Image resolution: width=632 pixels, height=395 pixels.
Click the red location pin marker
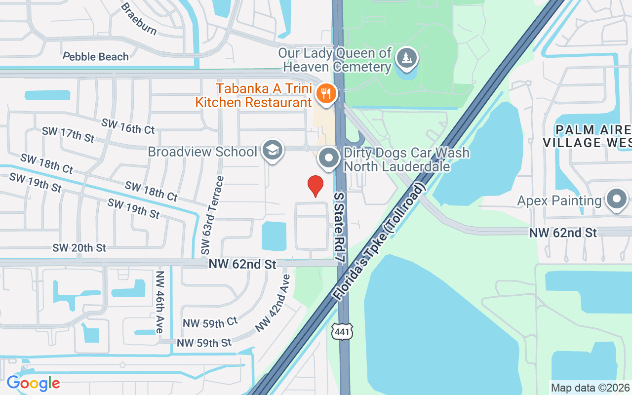316,186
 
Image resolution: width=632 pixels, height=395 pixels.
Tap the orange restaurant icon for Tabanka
326,92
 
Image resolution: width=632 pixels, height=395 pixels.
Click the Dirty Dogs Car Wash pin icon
329,158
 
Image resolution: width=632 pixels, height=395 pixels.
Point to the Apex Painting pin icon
616,199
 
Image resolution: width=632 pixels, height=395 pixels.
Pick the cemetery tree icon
406,58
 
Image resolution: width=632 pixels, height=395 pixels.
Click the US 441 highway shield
343,331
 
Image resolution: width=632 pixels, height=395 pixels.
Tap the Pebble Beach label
96,56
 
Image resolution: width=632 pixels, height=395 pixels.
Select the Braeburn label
139,19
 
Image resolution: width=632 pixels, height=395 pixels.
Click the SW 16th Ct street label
128,126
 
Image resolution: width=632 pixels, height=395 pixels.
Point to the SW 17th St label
68,134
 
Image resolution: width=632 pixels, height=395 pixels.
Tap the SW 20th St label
79,247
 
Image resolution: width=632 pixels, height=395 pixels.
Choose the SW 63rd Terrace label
210,215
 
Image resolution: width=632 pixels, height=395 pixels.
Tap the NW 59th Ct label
210,322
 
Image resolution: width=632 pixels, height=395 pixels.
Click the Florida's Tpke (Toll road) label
379,242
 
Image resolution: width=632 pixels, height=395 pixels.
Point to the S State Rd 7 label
339,227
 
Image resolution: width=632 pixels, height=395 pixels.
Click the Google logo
33,383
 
